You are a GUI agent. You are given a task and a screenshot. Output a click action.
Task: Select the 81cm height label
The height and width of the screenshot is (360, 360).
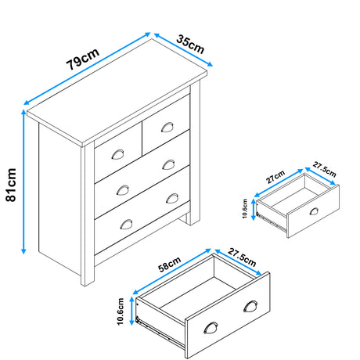pyautogui.click(x=11, y=185)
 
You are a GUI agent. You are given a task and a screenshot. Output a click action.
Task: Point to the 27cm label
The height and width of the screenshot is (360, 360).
pyautogui.click(x=275, y=176)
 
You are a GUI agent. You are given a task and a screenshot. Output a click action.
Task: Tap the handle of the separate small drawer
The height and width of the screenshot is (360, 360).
pyautogui.click(x=313, y=212)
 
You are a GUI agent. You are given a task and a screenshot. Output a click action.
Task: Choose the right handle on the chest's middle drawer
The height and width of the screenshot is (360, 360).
pyautogui.click(x=169, y=164)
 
